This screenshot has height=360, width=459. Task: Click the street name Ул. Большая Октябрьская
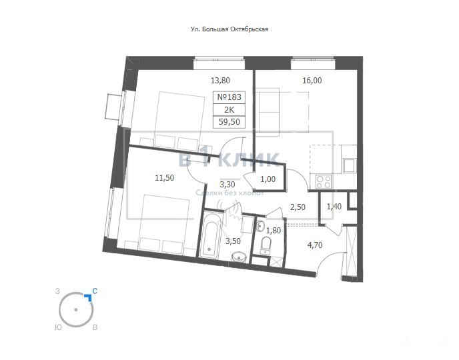click(229, 29)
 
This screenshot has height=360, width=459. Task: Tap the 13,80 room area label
click(220, 80)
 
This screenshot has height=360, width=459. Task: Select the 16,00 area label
click(312, 81)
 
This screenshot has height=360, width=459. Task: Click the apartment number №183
click(229, 97)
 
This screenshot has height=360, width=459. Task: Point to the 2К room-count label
click(229, 110)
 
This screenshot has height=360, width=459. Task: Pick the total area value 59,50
click(229, 121)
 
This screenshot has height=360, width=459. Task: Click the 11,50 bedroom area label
click(165, 177)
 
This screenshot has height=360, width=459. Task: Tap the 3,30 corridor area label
click(227, 184)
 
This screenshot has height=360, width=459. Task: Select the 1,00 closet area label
click(268, 179)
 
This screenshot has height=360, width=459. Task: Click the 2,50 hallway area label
click(298, 207)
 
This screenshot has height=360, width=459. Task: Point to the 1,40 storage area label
click(334, 207)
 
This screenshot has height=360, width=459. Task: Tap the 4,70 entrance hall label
click(315, 245)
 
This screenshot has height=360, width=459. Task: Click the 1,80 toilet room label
click(274, 231)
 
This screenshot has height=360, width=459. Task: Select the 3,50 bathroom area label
click(233, 241)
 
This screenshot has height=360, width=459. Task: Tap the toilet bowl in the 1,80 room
click(266, 245)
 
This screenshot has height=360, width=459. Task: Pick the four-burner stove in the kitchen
click(324, 181)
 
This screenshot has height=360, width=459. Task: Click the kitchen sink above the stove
click(350, 165)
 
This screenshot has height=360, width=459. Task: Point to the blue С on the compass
click(95, 291)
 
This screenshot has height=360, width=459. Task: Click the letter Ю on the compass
click(58, 327)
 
